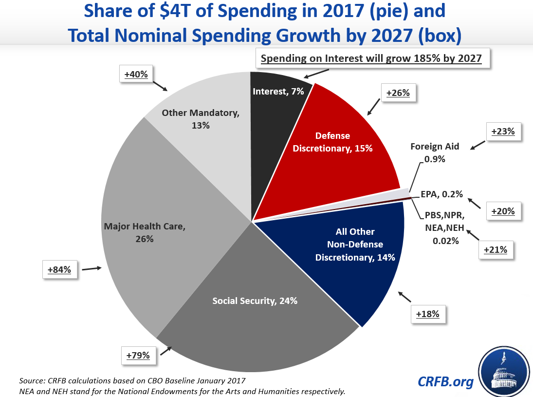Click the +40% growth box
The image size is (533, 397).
click(x=136, y=74)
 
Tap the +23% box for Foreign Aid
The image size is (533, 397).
click(x=504, y=131)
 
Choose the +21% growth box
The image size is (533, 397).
click(x=496, y=249)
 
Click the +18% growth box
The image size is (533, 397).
click(x=428, y=315)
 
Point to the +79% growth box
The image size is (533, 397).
click(x=138, y=356)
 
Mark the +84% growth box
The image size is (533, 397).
click(x=60, y=269)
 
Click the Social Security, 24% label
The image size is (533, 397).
click(x=255, y=301)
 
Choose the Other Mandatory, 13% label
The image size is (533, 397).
click(x=200, y=119)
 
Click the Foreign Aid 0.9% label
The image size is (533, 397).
click(x=435, y=152)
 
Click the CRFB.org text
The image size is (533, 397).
click(x=445, y=381)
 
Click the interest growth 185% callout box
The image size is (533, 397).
click(x=371, y=59)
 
